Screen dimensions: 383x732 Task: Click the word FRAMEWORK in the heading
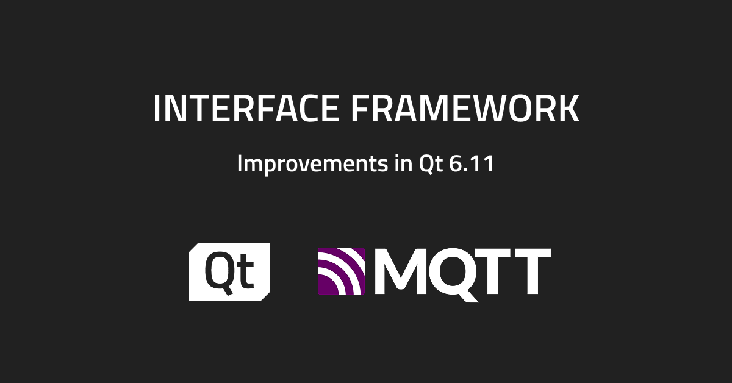coord(465,109)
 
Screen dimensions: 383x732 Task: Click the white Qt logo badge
coord(229,271)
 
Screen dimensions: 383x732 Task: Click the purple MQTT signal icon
coord(341,271)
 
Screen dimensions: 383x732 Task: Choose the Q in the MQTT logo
coord(451,272)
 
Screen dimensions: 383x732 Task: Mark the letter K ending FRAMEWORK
coord(568,109)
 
